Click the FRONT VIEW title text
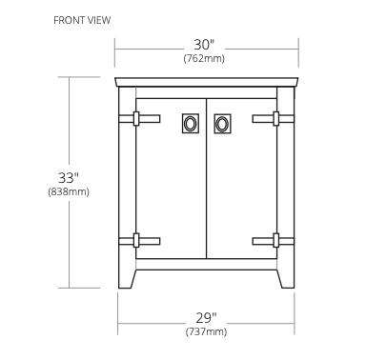pos(82,20)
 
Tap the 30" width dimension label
pos(204,45)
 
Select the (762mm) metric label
pos(204,58)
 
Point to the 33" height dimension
pos(69,177)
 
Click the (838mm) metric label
pos(69,191)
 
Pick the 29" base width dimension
pos(206,317)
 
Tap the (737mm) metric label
pos(206,331)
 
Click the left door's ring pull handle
pos(191,124)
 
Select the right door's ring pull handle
pos(222,124)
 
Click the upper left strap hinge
pos(139,119)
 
